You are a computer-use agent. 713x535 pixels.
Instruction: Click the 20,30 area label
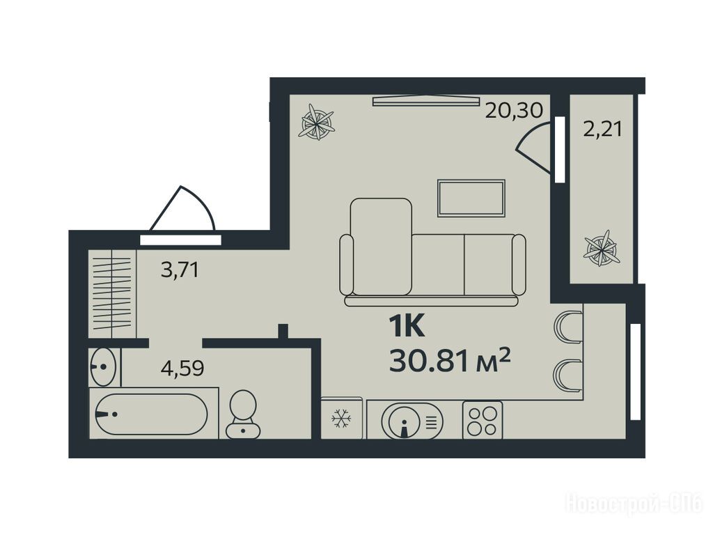pos(514,111)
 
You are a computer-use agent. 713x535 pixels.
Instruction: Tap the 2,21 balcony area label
pos(602,130)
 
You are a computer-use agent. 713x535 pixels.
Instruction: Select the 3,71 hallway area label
pos(180,270)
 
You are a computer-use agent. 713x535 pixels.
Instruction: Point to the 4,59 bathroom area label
pos(182,368)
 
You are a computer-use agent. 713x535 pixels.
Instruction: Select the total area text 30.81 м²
pos(450,361)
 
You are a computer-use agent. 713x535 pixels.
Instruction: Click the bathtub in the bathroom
pos(152,414)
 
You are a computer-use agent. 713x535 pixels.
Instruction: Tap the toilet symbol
pos(243,414)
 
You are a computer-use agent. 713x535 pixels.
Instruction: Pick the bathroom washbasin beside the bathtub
pos(104,366)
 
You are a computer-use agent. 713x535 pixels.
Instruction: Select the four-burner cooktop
pos(483,420)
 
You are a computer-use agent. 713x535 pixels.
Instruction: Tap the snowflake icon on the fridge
pos(341,419)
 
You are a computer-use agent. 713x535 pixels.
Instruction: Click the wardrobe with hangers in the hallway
pos(112,294)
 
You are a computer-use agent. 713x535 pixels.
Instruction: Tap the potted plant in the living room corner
pos(317,121)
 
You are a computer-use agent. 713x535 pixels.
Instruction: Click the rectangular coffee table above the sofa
pos(471,199)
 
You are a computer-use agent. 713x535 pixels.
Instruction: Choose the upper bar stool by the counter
pos(568,326)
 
